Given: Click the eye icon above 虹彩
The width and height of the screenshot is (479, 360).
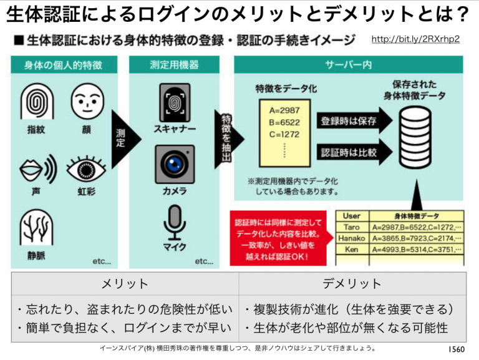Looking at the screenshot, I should [x=86, y=166].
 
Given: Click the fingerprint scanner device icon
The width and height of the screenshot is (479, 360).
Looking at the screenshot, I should [x=174, y=102].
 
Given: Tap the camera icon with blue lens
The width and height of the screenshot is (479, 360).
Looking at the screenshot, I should [x=174, y=164].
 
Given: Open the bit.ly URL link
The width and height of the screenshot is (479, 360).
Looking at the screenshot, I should [x=415, y=39].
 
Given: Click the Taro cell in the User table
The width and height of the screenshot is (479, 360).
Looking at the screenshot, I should [x=352, y=227].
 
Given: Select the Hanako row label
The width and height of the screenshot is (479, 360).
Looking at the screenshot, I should [x=352, y=238].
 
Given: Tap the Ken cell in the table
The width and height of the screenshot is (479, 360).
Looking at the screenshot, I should [x=352, y=250].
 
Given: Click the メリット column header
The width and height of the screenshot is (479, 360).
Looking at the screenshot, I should [x=125, y=284].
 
